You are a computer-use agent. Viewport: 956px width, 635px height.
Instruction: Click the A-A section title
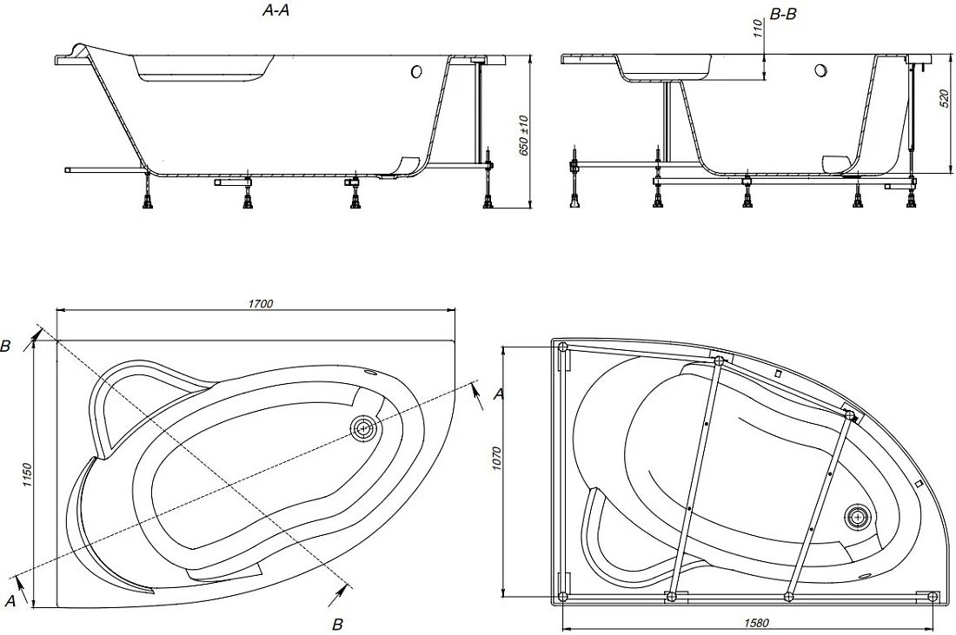276,10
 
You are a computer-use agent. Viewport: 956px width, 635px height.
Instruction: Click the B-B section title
783,14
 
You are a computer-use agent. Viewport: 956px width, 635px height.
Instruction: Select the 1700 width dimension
261,303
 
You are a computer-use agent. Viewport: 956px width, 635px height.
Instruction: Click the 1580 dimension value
756,623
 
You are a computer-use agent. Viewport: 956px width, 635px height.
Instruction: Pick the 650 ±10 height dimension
523,135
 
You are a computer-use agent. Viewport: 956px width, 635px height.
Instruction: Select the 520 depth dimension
944,99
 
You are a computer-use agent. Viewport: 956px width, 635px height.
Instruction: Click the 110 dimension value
757,29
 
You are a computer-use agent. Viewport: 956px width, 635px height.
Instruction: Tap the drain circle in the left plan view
364,428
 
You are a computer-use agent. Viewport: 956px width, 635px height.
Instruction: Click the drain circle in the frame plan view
859,518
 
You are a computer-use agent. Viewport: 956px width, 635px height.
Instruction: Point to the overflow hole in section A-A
416,71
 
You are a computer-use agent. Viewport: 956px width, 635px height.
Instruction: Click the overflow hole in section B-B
820,70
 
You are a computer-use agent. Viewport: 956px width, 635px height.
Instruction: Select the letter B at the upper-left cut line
5,346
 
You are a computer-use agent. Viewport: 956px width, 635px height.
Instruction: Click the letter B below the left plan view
337,624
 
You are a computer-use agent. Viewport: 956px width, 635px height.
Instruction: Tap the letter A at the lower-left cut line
10,601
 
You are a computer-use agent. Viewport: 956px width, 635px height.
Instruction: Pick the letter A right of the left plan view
499,395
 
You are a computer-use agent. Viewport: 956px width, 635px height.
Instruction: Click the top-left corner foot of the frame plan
563,347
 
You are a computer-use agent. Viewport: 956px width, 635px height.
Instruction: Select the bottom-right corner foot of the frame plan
933,596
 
